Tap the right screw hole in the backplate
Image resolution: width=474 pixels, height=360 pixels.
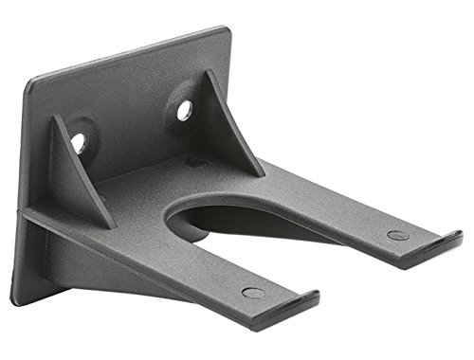tap(184, 110)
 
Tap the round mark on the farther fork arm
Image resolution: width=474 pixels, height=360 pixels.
tap(398, 234)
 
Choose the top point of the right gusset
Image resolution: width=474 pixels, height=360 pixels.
tap(208, 73)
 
